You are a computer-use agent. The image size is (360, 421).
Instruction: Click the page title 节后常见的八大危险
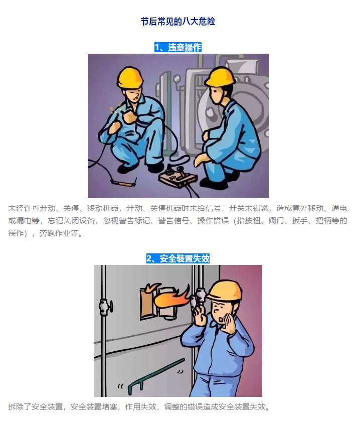[178, 22]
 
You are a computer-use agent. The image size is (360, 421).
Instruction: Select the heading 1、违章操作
[178, 48]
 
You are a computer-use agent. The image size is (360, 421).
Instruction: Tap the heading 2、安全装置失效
[178, 258]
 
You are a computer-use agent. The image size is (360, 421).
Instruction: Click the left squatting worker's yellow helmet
[129, 77]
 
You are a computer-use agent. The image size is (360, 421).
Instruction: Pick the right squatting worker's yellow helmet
[220, 76]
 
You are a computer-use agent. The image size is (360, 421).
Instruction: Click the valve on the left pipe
[105, 306]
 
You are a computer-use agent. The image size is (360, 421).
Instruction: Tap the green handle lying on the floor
[155, 376]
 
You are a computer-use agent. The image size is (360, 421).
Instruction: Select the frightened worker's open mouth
[221, 320]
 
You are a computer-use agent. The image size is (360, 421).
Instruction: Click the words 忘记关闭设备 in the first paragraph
[71, 221]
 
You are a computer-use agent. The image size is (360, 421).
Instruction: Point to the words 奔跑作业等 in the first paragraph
[59, 233]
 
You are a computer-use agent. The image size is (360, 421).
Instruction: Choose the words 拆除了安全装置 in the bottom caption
[36, 407]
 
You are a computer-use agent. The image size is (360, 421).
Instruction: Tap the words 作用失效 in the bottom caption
[140, 407]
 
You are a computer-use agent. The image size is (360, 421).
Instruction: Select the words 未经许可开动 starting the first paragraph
[32, 208]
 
